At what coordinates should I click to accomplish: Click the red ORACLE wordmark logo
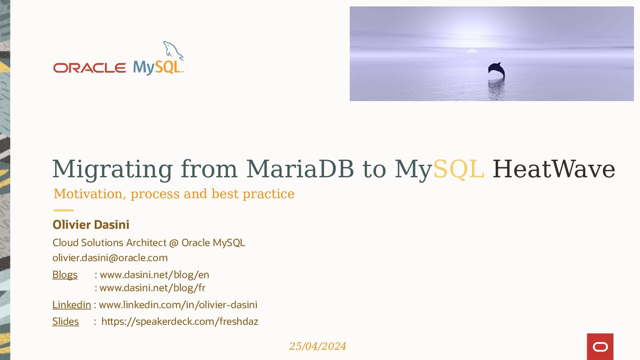coord(89,68)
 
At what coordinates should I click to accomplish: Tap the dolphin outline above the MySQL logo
coord(173,51)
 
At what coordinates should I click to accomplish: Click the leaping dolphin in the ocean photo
coord(497,71)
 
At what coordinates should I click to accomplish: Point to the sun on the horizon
coord(472,51)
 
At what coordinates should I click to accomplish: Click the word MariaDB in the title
coord(300,169)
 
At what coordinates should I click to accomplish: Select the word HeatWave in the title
coord(554,169)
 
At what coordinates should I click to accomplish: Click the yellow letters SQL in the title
coord(458,169)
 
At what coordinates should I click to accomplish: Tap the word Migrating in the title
coord(112,169)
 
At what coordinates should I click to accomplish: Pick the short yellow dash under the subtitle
coord(63,210)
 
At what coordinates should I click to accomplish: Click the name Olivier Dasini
coord(91,225)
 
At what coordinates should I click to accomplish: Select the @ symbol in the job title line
coord(174,243)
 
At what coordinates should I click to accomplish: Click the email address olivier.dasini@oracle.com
coord(110,258)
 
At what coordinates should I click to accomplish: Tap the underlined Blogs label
coord(65,275)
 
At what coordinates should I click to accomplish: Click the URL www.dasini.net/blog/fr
coord(152,288)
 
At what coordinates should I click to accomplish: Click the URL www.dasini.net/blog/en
coord(154,275)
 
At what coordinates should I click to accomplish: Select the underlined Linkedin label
coord(72,305)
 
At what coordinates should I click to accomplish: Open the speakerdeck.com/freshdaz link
coord(180,321)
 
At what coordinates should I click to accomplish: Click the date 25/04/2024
coord(317,346)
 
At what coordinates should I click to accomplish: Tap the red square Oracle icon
coord(600,347)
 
